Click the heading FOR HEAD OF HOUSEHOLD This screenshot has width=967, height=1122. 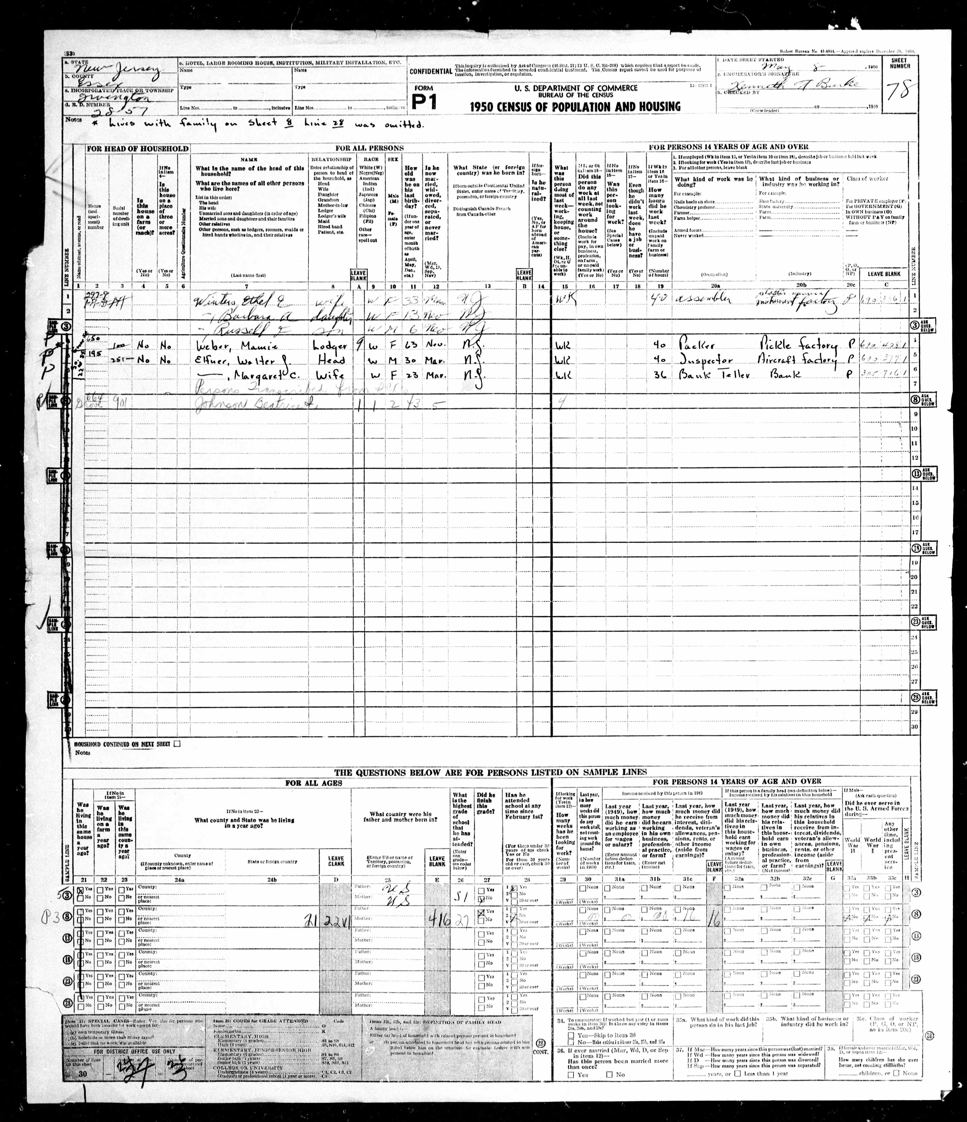tap(137, 148)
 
